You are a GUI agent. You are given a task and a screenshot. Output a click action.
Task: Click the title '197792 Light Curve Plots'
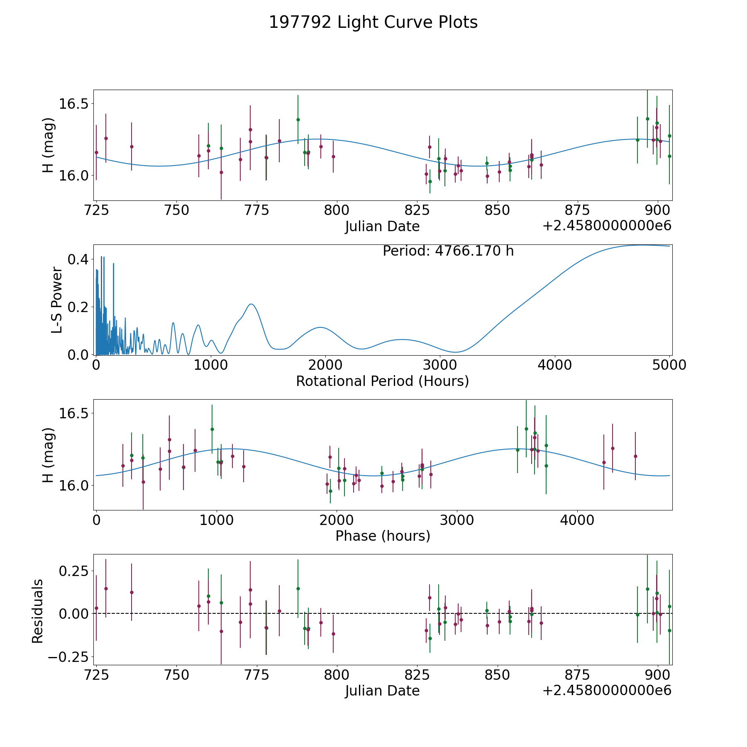(373, 22)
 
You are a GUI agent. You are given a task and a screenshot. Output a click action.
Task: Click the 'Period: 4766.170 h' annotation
(448, 251)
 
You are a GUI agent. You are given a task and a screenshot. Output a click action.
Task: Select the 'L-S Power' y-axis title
(57, 300)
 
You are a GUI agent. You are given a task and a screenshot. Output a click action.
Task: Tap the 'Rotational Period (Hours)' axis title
(382, 381)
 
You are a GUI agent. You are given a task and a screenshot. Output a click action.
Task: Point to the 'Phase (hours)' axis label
(383, 536)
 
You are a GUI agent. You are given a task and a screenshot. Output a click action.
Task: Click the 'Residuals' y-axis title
(38, 611)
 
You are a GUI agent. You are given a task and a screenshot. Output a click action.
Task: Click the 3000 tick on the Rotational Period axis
(440, 365)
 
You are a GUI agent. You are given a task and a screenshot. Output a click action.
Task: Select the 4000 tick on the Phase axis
(577, 520)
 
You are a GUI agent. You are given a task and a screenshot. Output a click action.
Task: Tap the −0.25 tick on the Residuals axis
(71, 657)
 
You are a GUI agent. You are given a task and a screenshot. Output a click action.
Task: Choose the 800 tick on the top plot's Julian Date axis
(337, 210)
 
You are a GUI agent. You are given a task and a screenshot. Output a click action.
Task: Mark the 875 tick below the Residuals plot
(578, 674)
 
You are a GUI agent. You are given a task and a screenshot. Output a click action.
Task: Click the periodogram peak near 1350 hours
(251, 304)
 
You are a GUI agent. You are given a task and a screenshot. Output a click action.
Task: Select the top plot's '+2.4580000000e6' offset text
(607, 226)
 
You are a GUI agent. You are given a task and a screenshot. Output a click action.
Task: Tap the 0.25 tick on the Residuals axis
(74, 571)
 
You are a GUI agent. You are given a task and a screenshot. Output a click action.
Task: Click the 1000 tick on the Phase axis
(216, 520)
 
